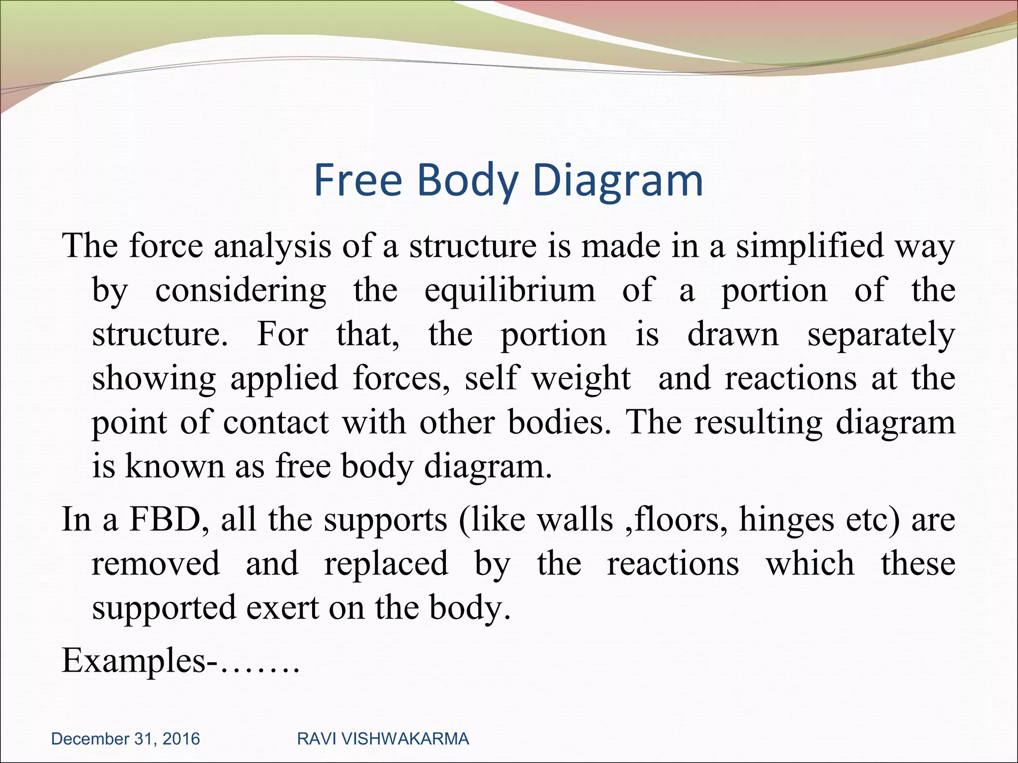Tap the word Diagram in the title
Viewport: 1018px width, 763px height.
618,181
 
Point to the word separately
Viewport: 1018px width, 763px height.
881,335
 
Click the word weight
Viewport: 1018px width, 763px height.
581,379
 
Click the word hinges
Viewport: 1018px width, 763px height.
786,521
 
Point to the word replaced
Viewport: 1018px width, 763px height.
386,564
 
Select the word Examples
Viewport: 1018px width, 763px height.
133,662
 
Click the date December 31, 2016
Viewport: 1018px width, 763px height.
125,739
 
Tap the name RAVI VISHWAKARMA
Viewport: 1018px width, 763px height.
383,739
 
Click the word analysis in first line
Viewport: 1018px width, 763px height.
272,247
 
